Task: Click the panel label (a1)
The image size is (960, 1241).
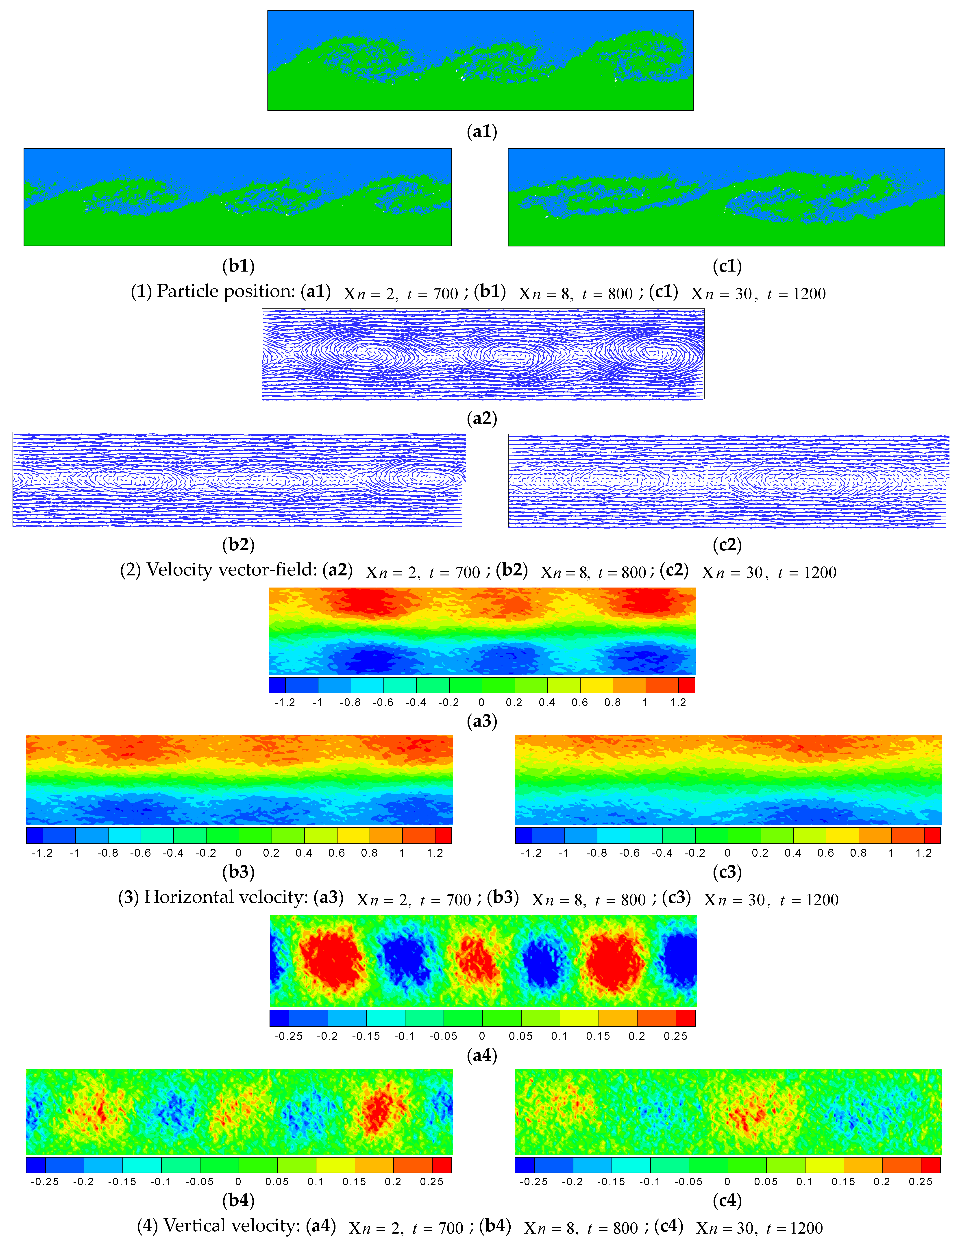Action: [482, 132]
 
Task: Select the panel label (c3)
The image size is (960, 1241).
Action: [727, 872]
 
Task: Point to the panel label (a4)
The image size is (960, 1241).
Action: [482, 1055]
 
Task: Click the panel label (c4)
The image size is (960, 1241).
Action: [727, 1200]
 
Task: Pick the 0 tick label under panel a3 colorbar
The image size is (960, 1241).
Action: [481, 702]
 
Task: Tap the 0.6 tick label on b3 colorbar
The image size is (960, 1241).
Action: [336, 853]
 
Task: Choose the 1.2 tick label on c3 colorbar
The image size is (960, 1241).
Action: [924, 853]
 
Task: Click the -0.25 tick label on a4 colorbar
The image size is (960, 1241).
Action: [289, 1036]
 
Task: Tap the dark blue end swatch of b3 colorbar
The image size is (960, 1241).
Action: [35, 835]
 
